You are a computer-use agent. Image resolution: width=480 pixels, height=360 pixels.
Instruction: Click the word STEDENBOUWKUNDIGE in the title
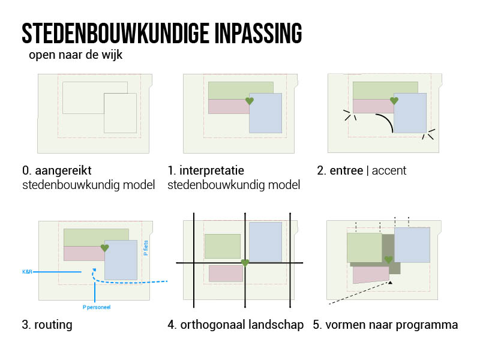115,33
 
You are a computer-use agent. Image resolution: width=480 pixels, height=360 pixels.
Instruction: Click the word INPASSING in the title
258,33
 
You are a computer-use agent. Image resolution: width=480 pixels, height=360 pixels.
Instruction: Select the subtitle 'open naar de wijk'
76,55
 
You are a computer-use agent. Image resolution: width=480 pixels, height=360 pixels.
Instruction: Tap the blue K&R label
27,272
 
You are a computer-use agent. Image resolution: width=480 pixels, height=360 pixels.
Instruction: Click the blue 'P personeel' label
97,307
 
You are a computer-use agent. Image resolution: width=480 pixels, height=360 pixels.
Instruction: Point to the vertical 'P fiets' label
146,248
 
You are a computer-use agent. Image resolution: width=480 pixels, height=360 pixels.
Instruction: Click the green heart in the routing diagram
104,248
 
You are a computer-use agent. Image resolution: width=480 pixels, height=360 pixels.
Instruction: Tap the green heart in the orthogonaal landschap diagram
245,263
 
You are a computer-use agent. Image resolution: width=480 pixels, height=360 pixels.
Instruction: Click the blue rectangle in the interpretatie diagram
265,113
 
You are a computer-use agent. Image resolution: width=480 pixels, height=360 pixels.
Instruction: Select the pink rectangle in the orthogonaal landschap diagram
226,274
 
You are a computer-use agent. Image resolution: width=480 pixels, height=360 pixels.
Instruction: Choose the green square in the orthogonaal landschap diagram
223,246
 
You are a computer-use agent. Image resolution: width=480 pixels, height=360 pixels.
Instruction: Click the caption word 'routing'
53,325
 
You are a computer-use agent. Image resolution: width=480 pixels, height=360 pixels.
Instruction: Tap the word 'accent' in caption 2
389,170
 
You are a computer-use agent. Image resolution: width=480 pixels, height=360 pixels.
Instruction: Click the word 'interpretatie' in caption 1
212,170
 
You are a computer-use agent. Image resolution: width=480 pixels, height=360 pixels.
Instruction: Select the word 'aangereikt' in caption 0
63,170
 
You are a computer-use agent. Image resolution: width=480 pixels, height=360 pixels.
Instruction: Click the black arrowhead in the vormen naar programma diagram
390,283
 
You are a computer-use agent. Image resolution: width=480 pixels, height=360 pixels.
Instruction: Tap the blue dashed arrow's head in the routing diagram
94,270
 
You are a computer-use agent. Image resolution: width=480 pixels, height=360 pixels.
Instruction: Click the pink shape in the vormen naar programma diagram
371,275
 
